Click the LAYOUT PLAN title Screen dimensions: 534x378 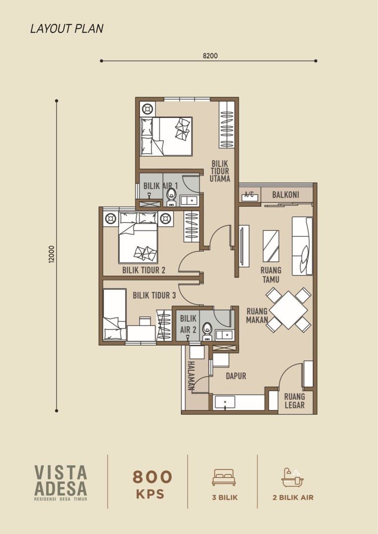tap(67, 29)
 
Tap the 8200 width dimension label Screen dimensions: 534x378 tap(210, 55)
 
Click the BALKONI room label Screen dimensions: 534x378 tap(285, 195)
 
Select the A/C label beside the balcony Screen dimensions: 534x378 tap(249, 195)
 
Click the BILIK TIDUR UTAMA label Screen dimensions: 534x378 tap(220, 171)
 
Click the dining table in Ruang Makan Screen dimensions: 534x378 tap(288, 310)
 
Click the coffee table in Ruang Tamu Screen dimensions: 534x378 tap(271, 246)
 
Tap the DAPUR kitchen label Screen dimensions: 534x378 tap(236, 376)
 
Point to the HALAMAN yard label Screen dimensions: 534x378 tap(191, 376)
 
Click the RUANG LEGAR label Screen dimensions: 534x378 tap(294, 401)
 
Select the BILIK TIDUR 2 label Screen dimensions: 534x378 tap(143, 270)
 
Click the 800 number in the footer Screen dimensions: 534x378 tap(152, 477)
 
